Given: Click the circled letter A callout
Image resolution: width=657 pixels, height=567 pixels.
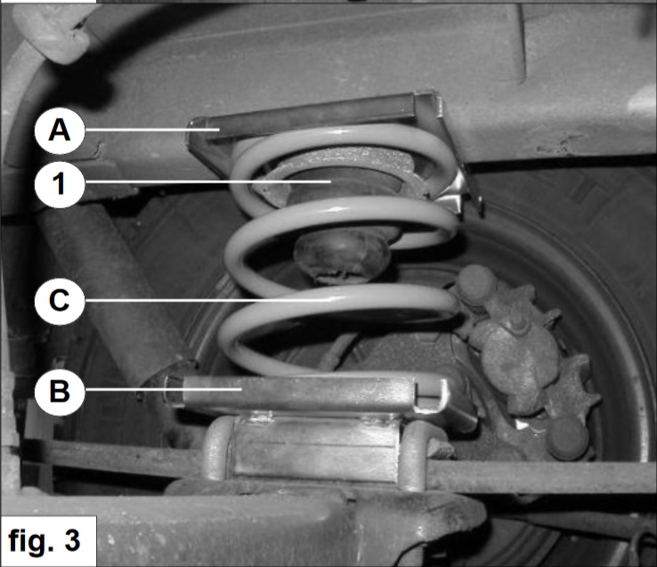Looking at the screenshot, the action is [x=60, y=130].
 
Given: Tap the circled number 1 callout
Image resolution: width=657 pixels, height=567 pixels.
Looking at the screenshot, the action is [x=60, y=183].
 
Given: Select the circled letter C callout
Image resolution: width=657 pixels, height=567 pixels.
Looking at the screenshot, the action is [x=60, y=301].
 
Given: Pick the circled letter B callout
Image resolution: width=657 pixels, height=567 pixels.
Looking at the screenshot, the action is [x=60, y=392].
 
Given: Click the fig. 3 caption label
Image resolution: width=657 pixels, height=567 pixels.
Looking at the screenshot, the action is [x=44, y=541].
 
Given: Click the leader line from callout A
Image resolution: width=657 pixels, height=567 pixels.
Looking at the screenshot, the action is [x=152, y=130].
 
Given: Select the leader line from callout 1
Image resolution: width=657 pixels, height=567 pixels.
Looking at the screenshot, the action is [x=207, y=182].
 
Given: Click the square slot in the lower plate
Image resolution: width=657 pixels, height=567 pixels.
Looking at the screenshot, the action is [x=428, y=394].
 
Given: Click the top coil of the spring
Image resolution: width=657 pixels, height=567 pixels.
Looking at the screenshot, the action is [x=344, y=138].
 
